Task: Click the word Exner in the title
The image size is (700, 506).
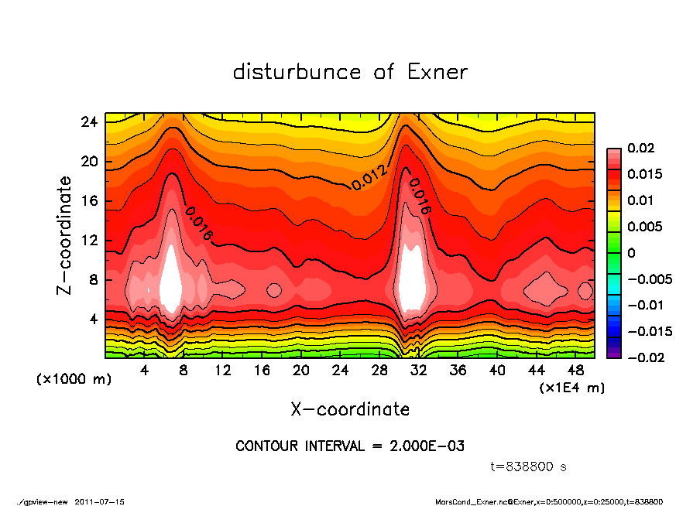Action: [437, 72]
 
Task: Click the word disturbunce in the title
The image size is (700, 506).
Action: [297, 72]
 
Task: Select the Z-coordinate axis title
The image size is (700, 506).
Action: [65, 234]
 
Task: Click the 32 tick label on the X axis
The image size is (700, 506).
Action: [419, 370]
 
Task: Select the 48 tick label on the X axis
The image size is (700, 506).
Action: [576, 370]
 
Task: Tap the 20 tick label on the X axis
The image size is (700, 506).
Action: [301, 370]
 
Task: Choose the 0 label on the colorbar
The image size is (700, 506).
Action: [631, 253]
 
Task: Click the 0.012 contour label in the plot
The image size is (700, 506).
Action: [369, 178]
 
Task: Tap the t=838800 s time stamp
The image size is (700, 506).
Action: [529, 467]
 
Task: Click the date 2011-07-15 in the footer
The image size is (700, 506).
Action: [100, 501]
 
